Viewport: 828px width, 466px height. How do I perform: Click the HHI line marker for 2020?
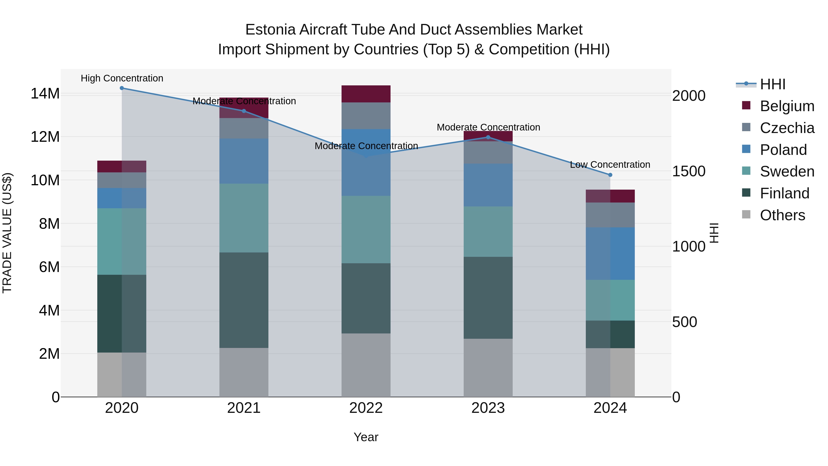[122, 88]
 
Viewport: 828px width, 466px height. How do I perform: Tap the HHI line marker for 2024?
[610, 175]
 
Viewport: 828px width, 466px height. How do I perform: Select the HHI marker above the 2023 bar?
[488, 137]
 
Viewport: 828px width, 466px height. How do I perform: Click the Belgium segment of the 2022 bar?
[366, 94]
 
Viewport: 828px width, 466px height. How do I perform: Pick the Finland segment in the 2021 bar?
[244, 300]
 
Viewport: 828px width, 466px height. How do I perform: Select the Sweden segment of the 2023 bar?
[488, 232]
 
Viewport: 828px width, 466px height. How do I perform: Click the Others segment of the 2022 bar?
[366, 365]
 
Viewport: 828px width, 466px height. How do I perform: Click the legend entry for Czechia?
[787, 128]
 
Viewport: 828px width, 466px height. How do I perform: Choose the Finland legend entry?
[784, 193]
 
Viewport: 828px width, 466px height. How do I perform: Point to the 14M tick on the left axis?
[45, 94]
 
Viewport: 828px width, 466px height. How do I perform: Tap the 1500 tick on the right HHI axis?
[688, 171]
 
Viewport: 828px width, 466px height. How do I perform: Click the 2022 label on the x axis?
[366, 408]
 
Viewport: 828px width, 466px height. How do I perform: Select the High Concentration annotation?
[122, 78]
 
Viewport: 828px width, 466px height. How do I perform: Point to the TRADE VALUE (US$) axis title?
[7, 233]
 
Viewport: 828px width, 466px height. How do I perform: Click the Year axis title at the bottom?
[366, 437]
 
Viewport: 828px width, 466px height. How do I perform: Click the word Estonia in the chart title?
[270, 30]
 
